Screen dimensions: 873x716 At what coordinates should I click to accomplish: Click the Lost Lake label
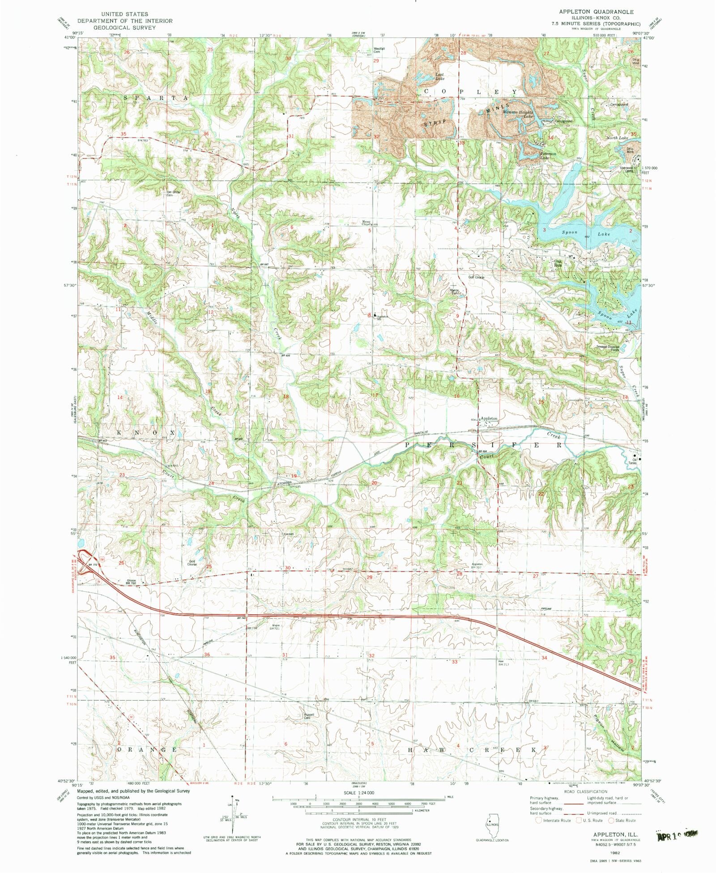pyautogui.click(x=440, y=77)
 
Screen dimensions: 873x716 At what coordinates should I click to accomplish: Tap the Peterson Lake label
pyautogui.click(x=547, y=155)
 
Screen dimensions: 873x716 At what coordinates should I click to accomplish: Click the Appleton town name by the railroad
pyautogui.click(x=489, y=418)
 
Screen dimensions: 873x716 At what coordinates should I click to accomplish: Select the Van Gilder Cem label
pyautogui.click(x=173, y=193)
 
